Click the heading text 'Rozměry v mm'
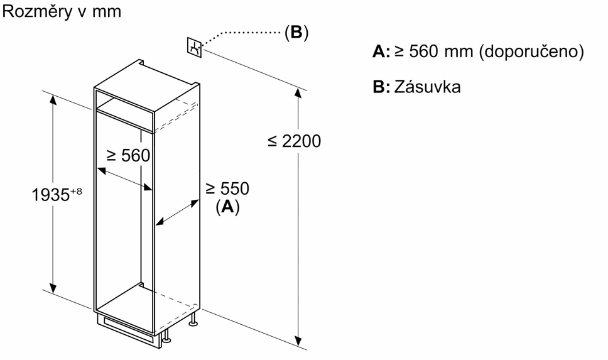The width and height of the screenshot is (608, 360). [62, 12]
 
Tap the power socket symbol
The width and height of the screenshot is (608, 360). [195, 47]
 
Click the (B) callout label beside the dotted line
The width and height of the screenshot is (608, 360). [296, 32]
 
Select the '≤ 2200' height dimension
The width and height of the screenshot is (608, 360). [295, 141]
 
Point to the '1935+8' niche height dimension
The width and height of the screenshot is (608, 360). [57, 194]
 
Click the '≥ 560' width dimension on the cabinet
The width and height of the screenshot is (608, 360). [128, 156]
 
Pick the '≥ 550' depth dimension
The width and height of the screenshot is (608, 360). [227, 188]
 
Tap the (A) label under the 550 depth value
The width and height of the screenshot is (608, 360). [227, 207]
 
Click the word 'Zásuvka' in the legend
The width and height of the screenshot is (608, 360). [427, 87]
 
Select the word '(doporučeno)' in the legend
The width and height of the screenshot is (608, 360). [531, 52]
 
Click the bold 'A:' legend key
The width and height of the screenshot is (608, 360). [381, 52]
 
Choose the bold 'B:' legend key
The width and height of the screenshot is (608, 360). [381, 87]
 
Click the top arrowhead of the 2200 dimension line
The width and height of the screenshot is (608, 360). [298, 93]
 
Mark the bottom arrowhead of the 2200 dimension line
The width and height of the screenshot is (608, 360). [298, 341]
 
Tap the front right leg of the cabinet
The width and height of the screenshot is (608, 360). [166, 336]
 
